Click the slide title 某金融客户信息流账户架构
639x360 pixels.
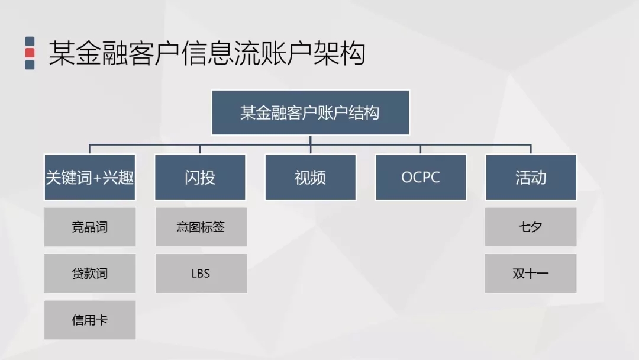pyautogui.click(x=206, y=53)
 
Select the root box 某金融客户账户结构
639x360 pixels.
pyautogui.click(x=310, y=112)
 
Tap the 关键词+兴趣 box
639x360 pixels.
pyautogui.click(x=90, y=177)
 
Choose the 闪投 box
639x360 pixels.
pyautogui.click(x=200, y=177)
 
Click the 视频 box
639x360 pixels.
pyautogui.click(x=310, y=177)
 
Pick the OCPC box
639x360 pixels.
pyautogui.click(x=421, y=177)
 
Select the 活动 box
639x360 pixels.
pyautogui.click(x=531, y=177)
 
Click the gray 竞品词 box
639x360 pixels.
pyautogui.click(x=90, y=227)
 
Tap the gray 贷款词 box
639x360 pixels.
pyautogui.click(x=90, y=274)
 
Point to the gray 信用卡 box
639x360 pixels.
pyautogui.click(x=90, y=320)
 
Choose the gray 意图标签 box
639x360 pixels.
pyautogui.click(x=201, y=227)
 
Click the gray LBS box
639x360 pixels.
pyautogui.click(x=201, y=274)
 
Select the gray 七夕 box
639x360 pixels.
pyautogui.click(x=531, y=227)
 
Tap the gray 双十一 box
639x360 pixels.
pyautogui.click(x=531, y=274)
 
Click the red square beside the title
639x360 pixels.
pyautogui.click(x=30, y=53)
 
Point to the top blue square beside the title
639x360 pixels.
pyautogui.click(x=30, y=41)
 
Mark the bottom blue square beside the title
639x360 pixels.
pyautogui.click(x=30, y=65)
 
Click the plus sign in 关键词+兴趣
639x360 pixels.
pyautogui.click(x=97, y=178)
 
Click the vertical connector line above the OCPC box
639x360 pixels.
pyautogui.click(x=421, y=149)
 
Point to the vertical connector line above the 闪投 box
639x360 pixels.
pyautogui.click(x=200, y=149)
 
